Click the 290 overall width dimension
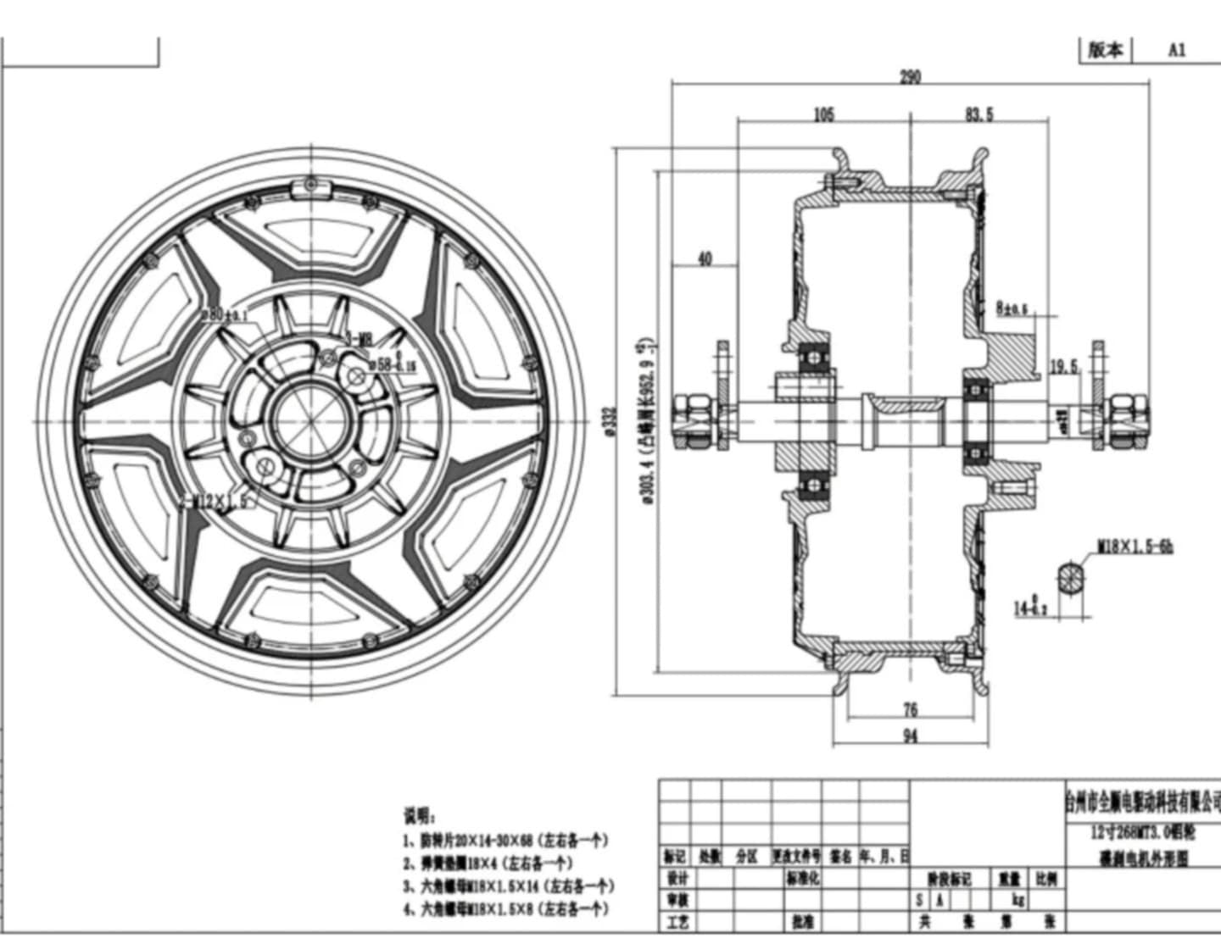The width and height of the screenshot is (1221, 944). [x=910, y=77]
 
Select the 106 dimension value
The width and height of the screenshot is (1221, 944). [x=823, y=114]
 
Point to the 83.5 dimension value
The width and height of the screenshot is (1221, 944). [x=978, y=114]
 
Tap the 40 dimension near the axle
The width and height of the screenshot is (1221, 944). [x=705, y=259]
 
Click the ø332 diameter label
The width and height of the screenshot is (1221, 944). [x=609, y=421]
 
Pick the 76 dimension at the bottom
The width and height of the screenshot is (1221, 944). [x=910, y=709]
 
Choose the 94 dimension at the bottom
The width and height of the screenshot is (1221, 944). [x=910, y=736]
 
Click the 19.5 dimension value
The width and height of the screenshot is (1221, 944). [x=1063, y=367]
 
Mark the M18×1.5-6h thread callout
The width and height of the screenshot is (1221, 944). [x=1135, y=547]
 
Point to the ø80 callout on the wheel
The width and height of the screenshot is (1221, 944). [x=222, y=314]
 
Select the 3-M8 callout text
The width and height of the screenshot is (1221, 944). [x=359, y=340]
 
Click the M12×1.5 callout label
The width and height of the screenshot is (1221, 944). [x=217, y=501]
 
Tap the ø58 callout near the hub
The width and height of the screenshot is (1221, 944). [x=390, y=364]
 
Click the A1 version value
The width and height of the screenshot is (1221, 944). [x=1177, y=50]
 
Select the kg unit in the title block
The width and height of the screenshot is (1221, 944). [x=1018, y=900]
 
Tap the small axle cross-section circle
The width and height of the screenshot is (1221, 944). [x=1071, y=580]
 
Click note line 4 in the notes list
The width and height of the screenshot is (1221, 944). [x=506, y=909]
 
